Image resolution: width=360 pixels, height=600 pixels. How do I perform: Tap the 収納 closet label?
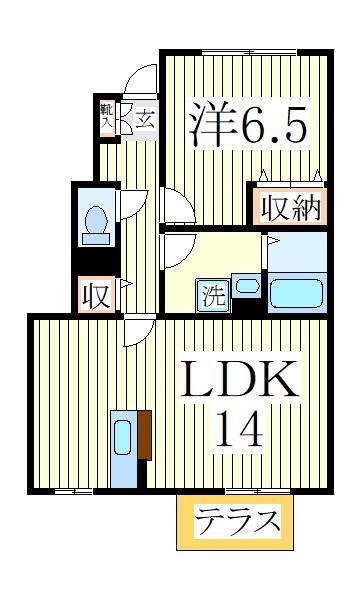[x=289, y=207]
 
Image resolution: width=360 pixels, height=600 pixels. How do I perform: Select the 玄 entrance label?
[x=146, y=119]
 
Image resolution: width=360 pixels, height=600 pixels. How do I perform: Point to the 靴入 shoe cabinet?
[x=107, y=116]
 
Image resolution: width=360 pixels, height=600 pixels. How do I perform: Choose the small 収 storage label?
[x=96, y=295]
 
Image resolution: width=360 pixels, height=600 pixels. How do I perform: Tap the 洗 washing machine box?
[x=214, y=295]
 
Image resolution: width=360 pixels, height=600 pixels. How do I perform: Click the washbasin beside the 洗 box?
[x=246, y=287]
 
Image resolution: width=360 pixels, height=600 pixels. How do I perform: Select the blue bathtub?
[x=297, y=293]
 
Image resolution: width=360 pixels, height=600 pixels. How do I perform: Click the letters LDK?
[x=237, y=381]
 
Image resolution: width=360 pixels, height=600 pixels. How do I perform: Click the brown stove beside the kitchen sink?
[x=144, y=436]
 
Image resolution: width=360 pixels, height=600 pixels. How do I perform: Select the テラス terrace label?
[x=237, y=522]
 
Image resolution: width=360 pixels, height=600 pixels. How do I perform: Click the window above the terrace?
[x=258, y=490]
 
